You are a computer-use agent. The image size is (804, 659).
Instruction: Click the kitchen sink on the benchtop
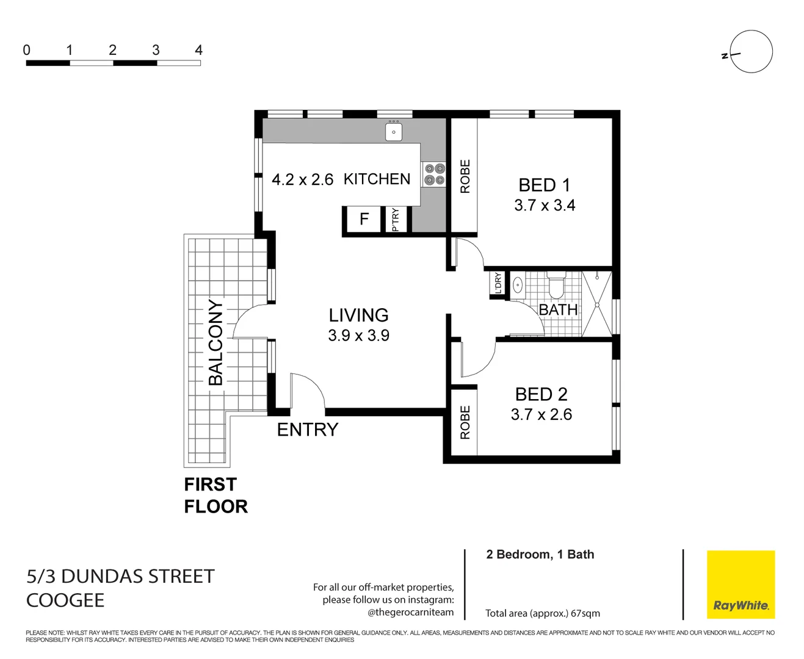pyautogui.click(x=394, y=131)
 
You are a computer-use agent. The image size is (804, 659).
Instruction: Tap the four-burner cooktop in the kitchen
pyautogui.click(x=435, y=174)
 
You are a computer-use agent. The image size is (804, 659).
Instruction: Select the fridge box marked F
pyautogui.click(x=364, y=219)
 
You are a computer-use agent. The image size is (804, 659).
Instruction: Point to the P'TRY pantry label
pyautogui.click(x=395, y=220)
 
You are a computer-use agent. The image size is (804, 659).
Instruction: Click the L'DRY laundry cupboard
pyautogui.click(x=498, y=283)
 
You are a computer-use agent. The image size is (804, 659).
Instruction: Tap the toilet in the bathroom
pyautogui.click(x=556, y=285)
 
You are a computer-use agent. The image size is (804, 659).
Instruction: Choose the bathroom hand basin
pyautogui.click(x=518, y=284)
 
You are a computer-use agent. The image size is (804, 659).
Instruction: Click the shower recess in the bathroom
pyautogui.click(x=596, y=304)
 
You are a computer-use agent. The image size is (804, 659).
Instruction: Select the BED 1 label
pyautogui.click(x=544, y=185)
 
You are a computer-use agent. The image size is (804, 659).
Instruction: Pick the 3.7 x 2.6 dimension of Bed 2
pyautogui.click(x=541, y=415)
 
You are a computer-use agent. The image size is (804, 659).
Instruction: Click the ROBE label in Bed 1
pyautogui.click(x=465, y=176)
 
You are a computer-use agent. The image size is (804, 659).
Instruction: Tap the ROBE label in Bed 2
pyautogui.click(x=465, y=422)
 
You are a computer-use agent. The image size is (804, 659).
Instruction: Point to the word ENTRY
pyautogui.click(x=307, y=430)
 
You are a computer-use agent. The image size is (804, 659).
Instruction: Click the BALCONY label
pyautogui.click(x=215, y=342)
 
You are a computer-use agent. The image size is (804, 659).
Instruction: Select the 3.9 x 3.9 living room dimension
pyautogui.click(x=358, y=336)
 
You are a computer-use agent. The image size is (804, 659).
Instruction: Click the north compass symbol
pyautogui.click(x=750, y=52)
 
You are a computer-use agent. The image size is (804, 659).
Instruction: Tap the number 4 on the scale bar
pyautogui.click(x=198, y=50)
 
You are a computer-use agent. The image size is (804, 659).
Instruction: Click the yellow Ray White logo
pyautogui.click(x=741, y=584)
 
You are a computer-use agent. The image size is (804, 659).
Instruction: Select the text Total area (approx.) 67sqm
pyautogui.click(x=542, y=613)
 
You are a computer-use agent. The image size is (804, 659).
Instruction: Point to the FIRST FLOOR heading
pyautogui.click(x=215, y=495)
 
